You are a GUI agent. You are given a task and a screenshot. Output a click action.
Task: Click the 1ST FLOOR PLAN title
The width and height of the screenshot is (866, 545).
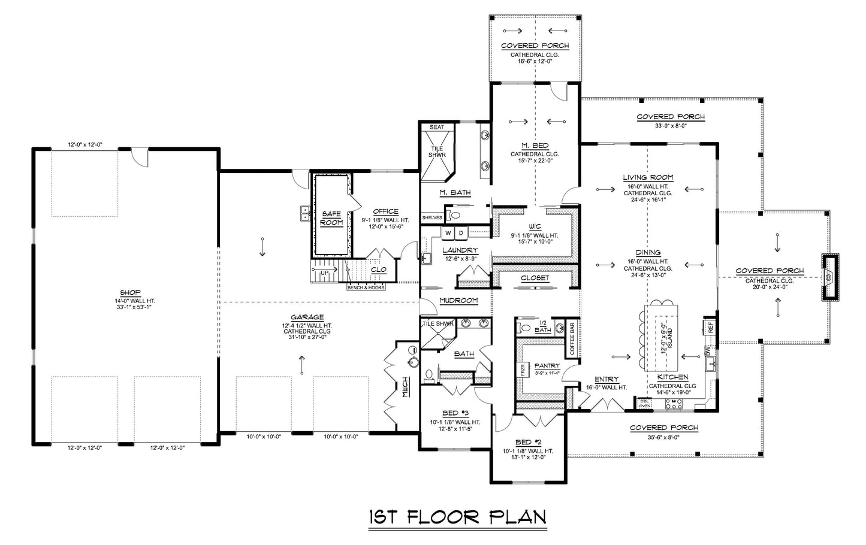457,517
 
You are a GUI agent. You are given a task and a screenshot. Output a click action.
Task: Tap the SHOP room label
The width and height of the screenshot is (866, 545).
125,293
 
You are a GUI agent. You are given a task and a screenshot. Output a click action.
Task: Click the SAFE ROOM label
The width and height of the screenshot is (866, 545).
331,218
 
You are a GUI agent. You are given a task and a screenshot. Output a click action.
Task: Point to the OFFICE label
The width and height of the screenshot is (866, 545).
385,211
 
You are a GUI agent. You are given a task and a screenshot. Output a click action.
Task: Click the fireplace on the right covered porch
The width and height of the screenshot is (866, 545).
829,277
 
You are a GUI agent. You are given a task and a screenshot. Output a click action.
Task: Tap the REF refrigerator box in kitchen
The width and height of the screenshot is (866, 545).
710,327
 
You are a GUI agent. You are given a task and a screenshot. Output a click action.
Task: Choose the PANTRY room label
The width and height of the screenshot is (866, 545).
547,365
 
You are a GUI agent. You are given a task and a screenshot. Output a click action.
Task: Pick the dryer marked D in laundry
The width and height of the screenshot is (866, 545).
461,232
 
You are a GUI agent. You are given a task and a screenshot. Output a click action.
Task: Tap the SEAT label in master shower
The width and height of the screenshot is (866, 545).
437,127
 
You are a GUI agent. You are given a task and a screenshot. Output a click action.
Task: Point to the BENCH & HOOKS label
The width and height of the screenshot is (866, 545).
366,287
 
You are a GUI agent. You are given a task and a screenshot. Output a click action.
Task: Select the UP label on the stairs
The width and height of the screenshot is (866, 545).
324,272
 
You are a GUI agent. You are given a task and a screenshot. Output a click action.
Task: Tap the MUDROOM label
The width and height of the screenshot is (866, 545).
458,301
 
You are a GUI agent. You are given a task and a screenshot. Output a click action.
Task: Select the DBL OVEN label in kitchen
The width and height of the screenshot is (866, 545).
644,404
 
